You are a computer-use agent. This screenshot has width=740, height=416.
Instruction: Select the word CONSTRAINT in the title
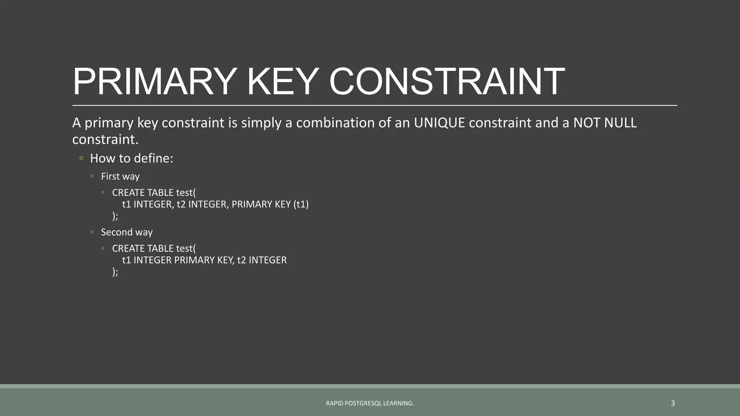447,82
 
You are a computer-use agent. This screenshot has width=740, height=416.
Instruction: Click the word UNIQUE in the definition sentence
439,123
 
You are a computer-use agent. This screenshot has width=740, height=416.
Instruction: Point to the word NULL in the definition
620,123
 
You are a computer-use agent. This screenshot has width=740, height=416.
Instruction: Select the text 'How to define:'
132,158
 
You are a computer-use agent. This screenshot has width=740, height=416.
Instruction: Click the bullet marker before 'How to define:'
81,158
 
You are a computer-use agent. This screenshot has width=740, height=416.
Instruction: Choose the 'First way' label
120,176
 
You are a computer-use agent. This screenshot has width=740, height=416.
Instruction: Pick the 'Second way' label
126,232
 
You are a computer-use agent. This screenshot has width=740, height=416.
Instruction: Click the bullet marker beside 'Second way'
92,232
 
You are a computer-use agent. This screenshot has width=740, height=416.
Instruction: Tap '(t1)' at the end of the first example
301,204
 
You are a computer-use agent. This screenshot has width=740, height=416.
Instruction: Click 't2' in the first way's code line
181,204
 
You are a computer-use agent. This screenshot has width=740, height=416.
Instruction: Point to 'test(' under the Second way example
186,248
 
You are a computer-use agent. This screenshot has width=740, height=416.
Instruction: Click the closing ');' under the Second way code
115,272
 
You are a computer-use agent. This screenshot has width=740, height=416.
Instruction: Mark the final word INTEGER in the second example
267,260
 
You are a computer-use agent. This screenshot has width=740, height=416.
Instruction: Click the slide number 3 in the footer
672,403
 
